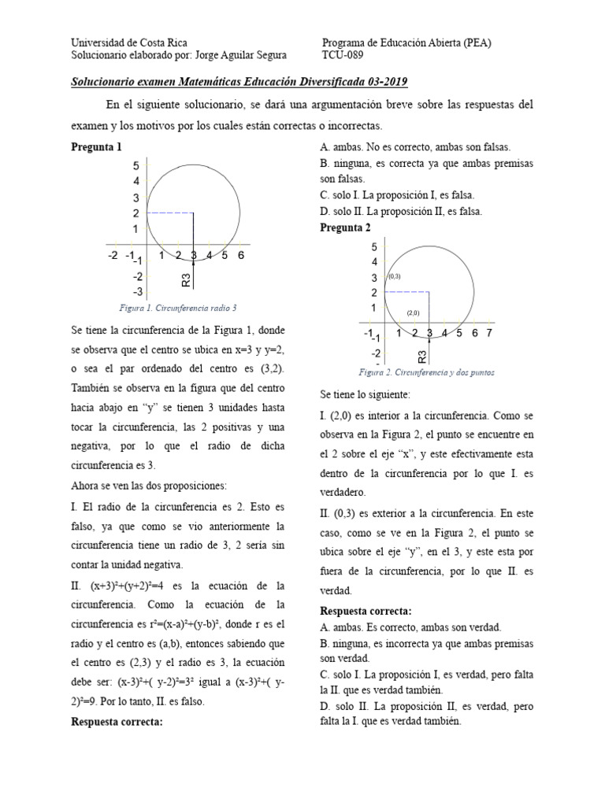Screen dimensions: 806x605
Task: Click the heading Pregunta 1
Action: click(96, 147)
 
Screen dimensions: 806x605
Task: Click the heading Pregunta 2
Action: click(344, 227)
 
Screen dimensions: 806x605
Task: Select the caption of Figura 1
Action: click(177, 308)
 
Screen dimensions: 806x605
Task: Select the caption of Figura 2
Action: click(426, 372)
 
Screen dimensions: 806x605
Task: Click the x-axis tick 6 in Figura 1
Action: click(240, 255)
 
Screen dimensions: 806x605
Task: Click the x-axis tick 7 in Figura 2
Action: click(489, 333)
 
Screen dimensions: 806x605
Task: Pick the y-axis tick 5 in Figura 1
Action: click(135, 166)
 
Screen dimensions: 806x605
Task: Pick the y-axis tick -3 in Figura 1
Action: click(137, 292)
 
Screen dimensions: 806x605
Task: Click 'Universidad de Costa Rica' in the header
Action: click(128, 43)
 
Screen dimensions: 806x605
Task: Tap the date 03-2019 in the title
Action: click(382, 82)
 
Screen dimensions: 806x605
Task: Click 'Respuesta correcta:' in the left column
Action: click(117, 720)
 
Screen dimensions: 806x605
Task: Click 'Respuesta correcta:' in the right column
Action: click(366, 612)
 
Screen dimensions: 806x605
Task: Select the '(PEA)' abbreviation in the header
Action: click(477, 43)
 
